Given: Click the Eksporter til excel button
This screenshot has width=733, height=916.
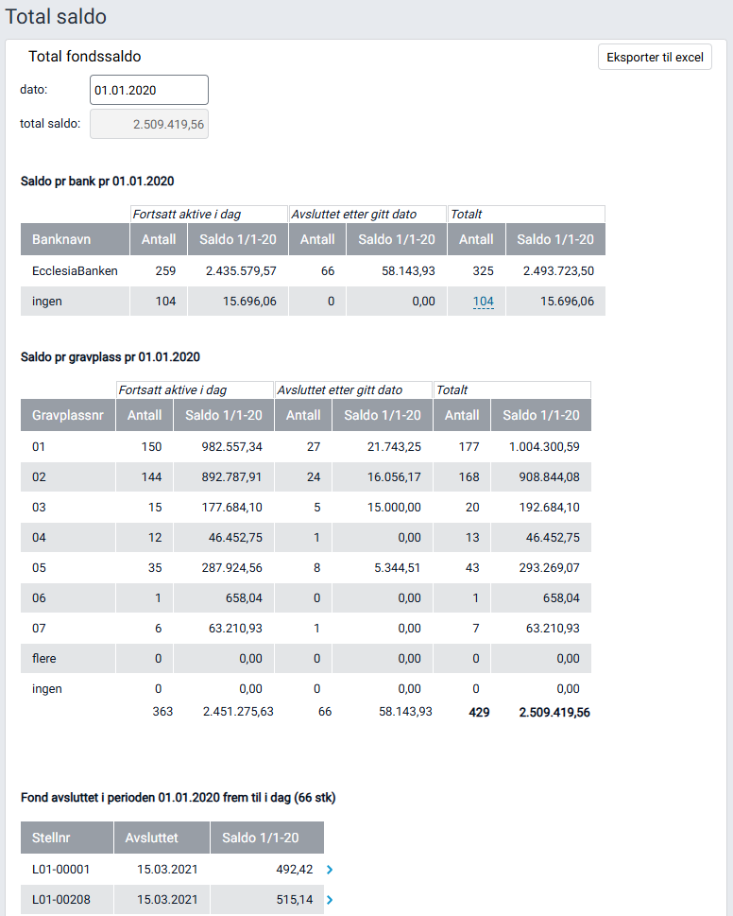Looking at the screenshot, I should (655, 57).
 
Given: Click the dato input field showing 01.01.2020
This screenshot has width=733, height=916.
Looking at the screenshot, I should (148, 90).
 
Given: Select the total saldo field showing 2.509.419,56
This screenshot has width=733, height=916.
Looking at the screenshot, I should (148, 124).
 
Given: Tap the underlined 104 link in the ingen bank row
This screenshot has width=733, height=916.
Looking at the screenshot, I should (483, 302).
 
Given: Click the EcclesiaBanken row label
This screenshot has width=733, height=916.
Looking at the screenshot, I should (75, 270).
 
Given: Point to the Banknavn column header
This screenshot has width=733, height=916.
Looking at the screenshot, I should (61, 239).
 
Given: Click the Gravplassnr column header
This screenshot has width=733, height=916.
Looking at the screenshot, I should (67, 415).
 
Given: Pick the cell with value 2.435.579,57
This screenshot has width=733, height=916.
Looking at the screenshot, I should (241, 270).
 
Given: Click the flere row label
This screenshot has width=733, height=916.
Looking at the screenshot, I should (44, 658).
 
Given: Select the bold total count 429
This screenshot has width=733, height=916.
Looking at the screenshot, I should (479, 712).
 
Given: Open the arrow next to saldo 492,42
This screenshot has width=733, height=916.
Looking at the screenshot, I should (329, 869).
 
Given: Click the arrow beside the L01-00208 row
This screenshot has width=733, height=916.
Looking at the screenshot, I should (329, 900).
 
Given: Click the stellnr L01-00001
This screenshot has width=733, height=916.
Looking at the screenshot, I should (61, 869).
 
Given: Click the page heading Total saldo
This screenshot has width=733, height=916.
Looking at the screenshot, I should (56, 17).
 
